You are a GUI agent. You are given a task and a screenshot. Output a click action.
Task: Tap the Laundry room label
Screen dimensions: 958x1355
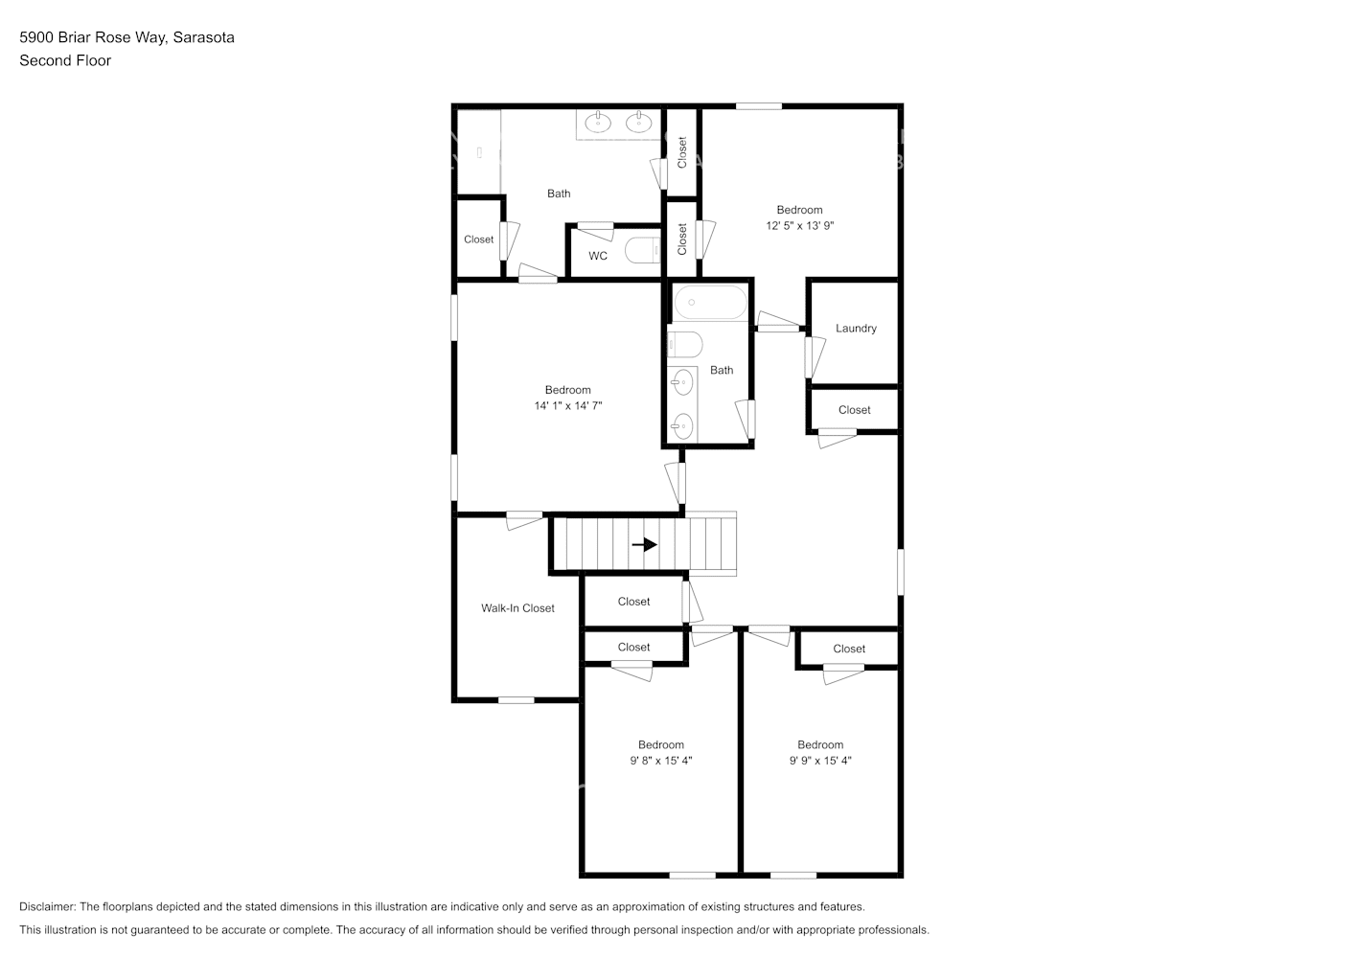pos(856,329)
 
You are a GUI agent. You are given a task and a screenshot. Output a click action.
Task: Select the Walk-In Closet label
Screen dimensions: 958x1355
pos(517,608)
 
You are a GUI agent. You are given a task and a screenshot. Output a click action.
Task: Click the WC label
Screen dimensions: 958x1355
pos(598,256)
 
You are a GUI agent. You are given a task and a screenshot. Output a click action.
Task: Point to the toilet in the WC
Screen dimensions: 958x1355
pos(642,251)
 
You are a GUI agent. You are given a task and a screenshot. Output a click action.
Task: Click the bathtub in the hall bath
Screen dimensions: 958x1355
pos(709,304)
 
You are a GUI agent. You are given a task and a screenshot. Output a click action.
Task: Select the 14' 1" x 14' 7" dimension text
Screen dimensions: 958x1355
pos(567,406)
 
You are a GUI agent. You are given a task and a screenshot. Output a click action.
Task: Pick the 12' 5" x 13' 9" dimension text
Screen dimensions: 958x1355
pos(799,226)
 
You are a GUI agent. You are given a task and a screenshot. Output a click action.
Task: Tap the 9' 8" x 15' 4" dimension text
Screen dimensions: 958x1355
pos(660,761)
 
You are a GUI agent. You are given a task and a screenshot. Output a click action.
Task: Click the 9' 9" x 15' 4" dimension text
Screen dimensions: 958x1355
pos(820,761)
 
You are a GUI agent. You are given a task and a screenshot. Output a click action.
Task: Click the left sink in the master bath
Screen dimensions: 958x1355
pos(598,123)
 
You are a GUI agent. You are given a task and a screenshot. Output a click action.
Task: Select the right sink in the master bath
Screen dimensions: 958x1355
pos(638,123)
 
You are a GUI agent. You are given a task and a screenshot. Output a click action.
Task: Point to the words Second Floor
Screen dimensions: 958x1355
pos(65,60)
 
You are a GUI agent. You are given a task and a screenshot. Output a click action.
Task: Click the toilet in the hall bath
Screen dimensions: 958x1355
pos(684,344)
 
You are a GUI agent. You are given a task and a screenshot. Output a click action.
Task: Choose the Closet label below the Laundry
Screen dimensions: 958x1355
pos(854,410)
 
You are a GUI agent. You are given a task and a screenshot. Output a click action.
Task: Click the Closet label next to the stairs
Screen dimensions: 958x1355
pos(633,602)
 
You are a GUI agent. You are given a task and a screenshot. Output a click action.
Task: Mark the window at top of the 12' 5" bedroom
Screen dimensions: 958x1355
pos(758,106)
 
